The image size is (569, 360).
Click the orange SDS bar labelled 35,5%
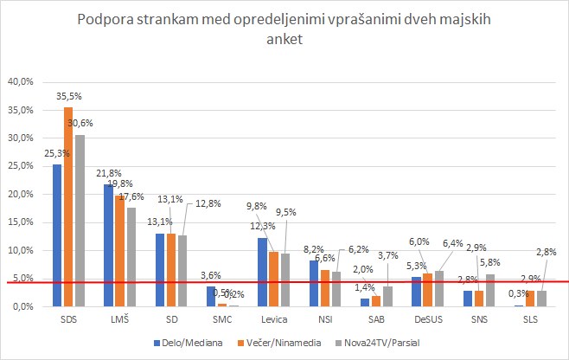68,207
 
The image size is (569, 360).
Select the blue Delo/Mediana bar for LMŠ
108,246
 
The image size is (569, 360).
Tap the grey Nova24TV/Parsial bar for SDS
80,221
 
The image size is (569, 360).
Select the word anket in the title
284,42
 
